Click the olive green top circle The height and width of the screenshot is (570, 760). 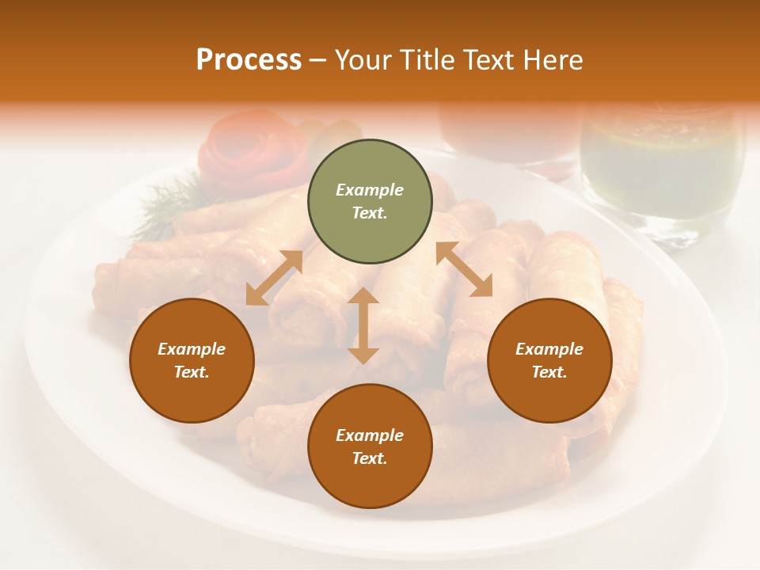370,201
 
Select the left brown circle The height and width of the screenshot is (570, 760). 192,360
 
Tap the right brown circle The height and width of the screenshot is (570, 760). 549,360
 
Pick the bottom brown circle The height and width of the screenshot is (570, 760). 370,446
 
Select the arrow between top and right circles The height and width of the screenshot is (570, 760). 464,269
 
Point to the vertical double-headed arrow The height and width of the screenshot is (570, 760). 363,325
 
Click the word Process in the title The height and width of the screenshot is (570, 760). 249,60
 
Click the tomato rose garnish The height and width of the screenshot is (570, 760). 252,148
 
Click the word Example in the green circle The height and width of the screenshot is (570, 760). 370,190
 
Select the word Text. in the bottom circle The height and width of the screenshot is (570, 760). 370,458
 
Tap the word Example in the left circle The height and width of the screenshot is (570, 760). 192,349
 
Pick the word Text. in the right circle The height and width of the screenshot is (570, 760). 549,372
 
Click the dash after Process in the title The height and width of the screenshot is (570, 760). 318,60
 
